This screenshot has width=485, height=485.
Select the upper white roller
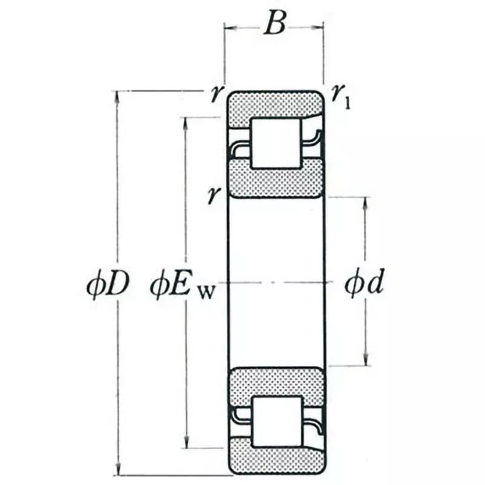tap(276, 144)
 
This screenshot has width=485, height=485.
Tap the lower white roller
tap(276, 421)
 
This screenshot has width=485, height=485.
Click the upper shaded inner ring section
tap(276, 181)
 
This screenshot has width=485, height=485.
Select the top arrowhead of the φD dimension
tap(116, 96)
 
